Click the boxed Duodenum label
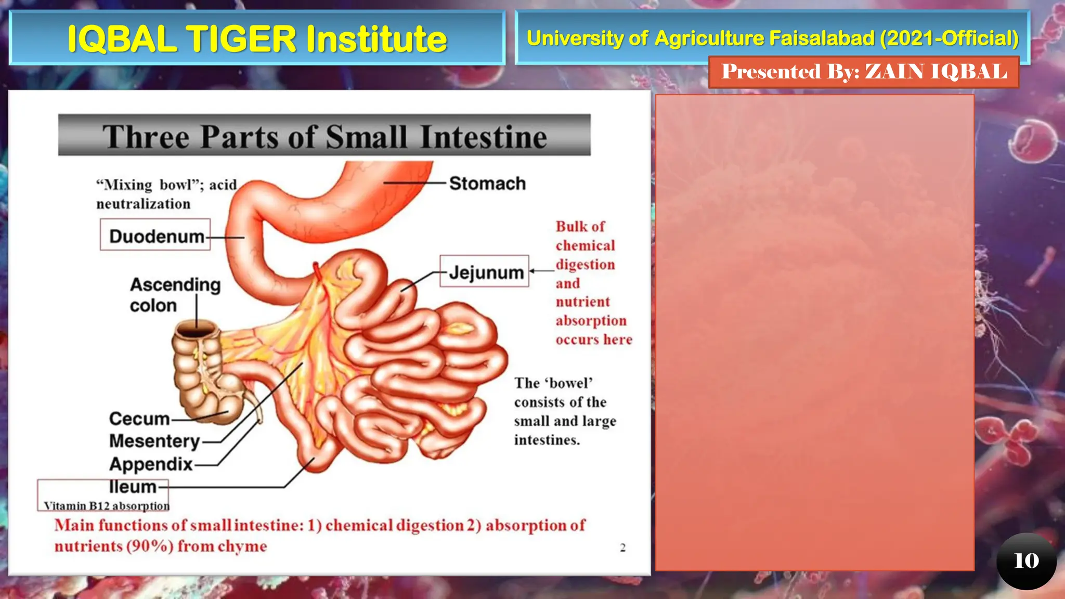point(156,237)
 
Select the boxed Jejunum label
point(485,272)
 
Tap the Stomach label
point(487,184)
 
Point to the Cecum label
point(139,419)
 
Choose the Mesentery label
point(154,441)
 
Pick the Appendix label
point(151,464)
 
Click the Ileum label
point(133,487)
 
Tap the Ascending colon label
point(175,295)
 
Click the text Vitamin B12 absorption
point(107,506)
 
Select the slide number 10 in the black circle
point(1026,561)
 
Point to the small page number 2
point(622,548)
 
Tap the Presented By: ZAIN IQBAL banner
point(864,72)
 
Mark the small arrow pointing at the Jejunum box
point(534,271)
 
